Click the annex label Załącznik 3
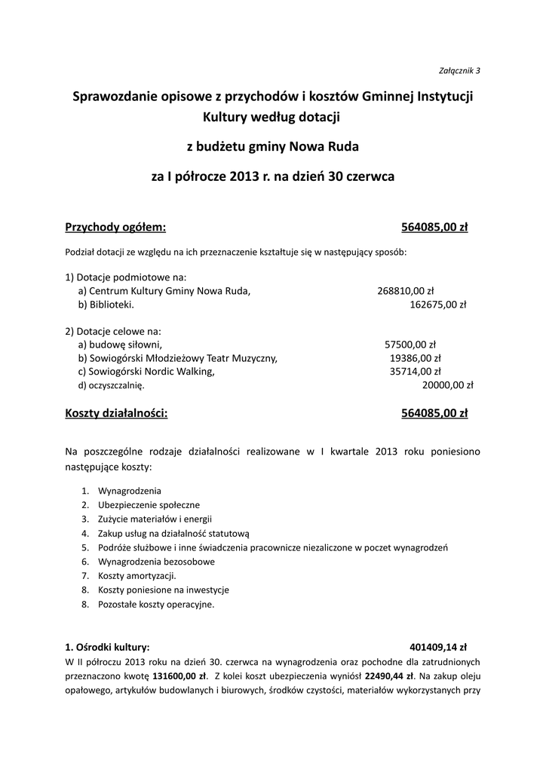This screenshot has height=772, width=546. point(459,71)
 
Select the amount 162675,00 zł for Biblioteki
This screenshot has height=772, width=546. point(438,305)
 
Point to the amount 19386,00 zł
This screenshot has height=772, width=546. point(415,357)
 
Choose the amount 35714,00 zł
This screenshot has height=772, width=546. point(416,372)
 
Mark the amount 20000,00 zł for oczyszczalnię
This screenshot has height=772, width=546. point(447,385)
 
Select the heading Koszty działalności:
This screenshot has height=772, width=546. point(117,413)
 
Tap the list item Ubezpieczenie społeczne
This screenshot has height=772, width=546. point(149,504)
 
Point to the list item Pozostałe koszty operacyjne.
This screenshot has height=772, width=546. point(156,604)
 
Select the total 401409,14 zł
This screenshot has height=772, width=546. point(438,646)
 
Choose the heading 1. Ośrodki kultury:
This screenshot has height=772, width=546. point(108,646)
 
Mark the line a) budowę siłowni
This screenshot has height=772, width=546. point(120,344)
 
